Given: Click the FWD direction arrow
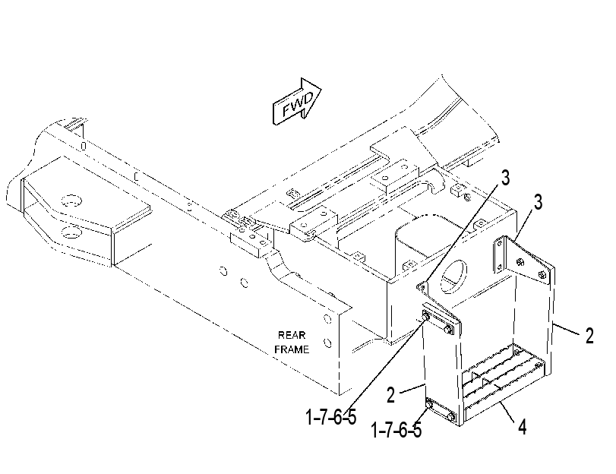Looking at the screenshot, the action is pos(297,101).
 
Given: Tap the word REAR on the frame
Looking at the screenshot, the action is pos(292,335).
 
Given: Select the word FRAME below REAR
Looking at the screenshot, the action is pos(292,349).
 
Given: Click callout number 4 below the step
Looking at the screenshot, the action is pos(522,426).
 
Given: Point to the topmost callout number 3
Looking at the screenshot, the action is pos(505,177).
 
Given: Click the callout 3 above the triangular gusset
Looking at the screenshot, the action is pos(538,202).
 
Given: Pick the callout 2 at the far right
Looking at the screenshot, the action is pos(589,336).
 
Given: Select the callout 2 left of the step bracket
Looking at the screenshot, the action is pos(390,395).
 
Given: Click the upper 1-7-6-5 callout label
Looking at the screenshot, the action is pos(330,416).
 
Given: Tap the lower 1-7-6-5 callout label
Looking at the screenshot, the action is pos(396,430).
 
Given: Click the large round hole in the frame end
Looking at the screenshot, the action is pos(453,276).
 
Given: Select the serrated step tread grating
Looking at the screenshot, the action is pos(504,369).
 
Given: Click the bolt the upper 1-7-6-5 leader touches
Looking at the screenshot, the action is pos(426,317).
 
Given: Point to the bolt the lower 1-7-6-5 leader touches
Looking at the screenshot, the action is pos(429,404).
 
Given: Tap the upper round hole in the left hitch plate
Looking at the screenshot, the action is pos(72,201).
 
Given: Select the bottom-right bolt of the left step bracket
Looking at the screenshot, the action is pos(452,417).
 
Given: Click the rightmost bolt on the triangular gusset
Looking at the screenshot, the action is pos(543,275).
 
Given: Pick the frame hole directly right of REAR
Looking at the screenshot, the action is pos(327,318).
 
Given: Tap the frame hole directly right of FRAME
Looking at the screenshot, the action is pos(327,343).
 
